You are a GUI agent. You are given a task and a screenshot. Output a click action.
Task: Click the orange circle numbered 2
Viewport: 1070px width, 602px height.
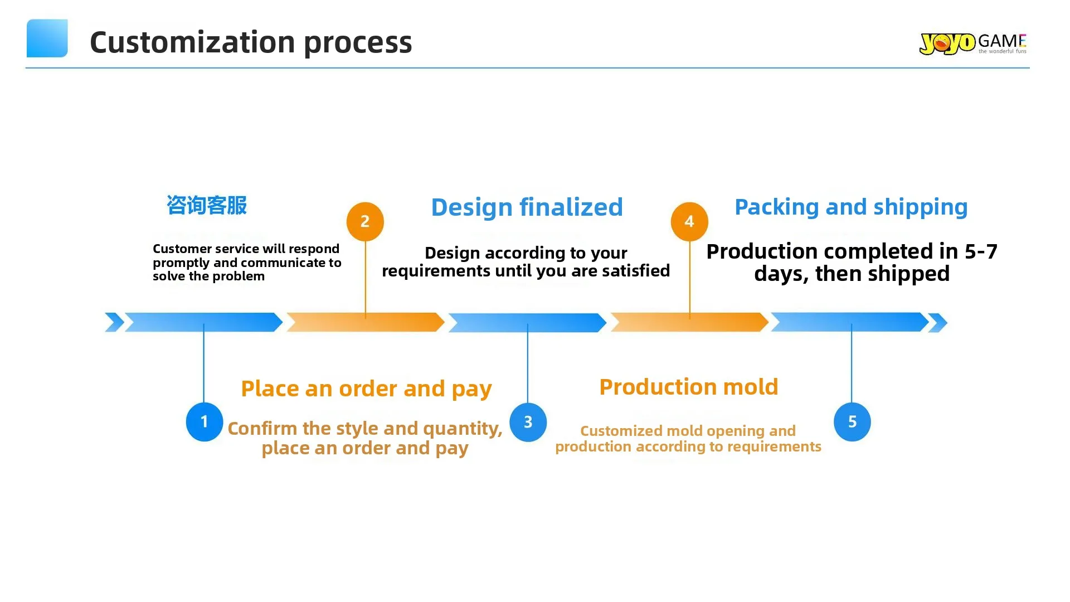365,221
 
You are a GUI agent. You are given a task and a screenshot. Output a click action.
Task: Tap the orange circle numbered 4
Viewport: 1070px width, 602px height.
689,221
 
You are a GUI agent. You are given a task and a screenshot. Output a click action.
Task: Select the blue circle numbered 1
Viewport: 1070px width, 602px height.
205,422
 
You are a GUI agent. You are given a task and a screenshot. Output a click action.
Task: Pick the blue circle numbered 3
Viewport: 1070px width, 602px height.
528,422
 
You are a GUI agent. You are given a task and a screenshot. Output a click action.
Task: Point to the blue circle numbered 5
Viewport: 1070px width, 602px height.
852,422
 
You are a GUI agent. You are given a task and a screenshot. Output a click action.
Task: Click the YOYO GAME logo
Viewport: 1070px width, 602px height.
972,43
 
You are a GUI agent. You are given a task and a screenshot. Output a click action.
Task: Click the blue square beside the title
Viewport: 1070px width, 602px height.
47,38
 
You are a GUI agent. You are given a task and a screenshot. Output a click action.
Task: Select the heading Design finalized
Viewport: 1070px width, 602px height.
527,207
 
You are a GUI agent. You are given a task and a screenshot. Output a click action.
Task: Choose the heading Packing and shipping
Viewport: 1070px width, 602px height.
851,207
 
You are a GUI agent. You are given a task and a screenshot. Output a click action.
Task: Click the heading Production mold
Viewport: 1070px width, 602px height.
688,387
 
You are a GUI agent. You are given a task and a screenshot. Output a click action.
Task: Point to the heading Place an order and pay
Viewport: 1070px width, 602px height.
366,389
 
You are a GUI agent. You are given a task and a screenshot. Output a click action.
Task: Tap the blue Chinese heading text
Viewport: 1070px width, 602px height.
207,205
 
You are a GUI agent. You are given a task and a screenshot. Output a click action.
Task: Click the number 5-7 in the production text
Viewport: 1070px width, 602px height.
981,251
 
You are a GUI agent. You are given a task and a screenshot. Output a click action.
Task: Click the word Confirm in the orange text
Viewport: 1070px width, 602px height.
262,428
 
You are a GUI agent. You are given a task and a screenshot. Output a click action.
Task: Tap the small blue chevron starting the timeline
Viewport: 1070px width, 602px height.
114,322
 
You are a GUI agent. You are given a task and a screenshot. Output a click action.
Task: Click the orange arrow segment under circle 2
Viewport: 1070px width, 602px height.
365,322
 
